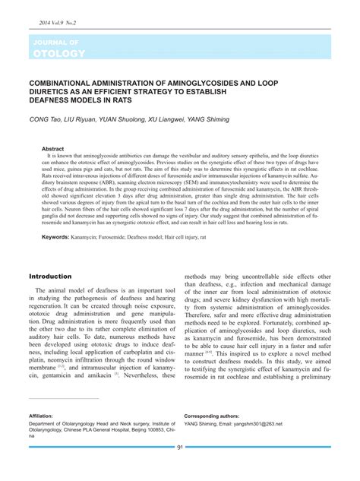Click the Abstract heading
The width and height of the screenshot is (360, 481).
pos(52,149)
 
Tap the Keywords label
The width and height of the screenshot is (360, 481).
pos(58,237)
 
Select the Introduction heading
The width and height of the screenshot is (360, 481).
pos(55,276)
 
